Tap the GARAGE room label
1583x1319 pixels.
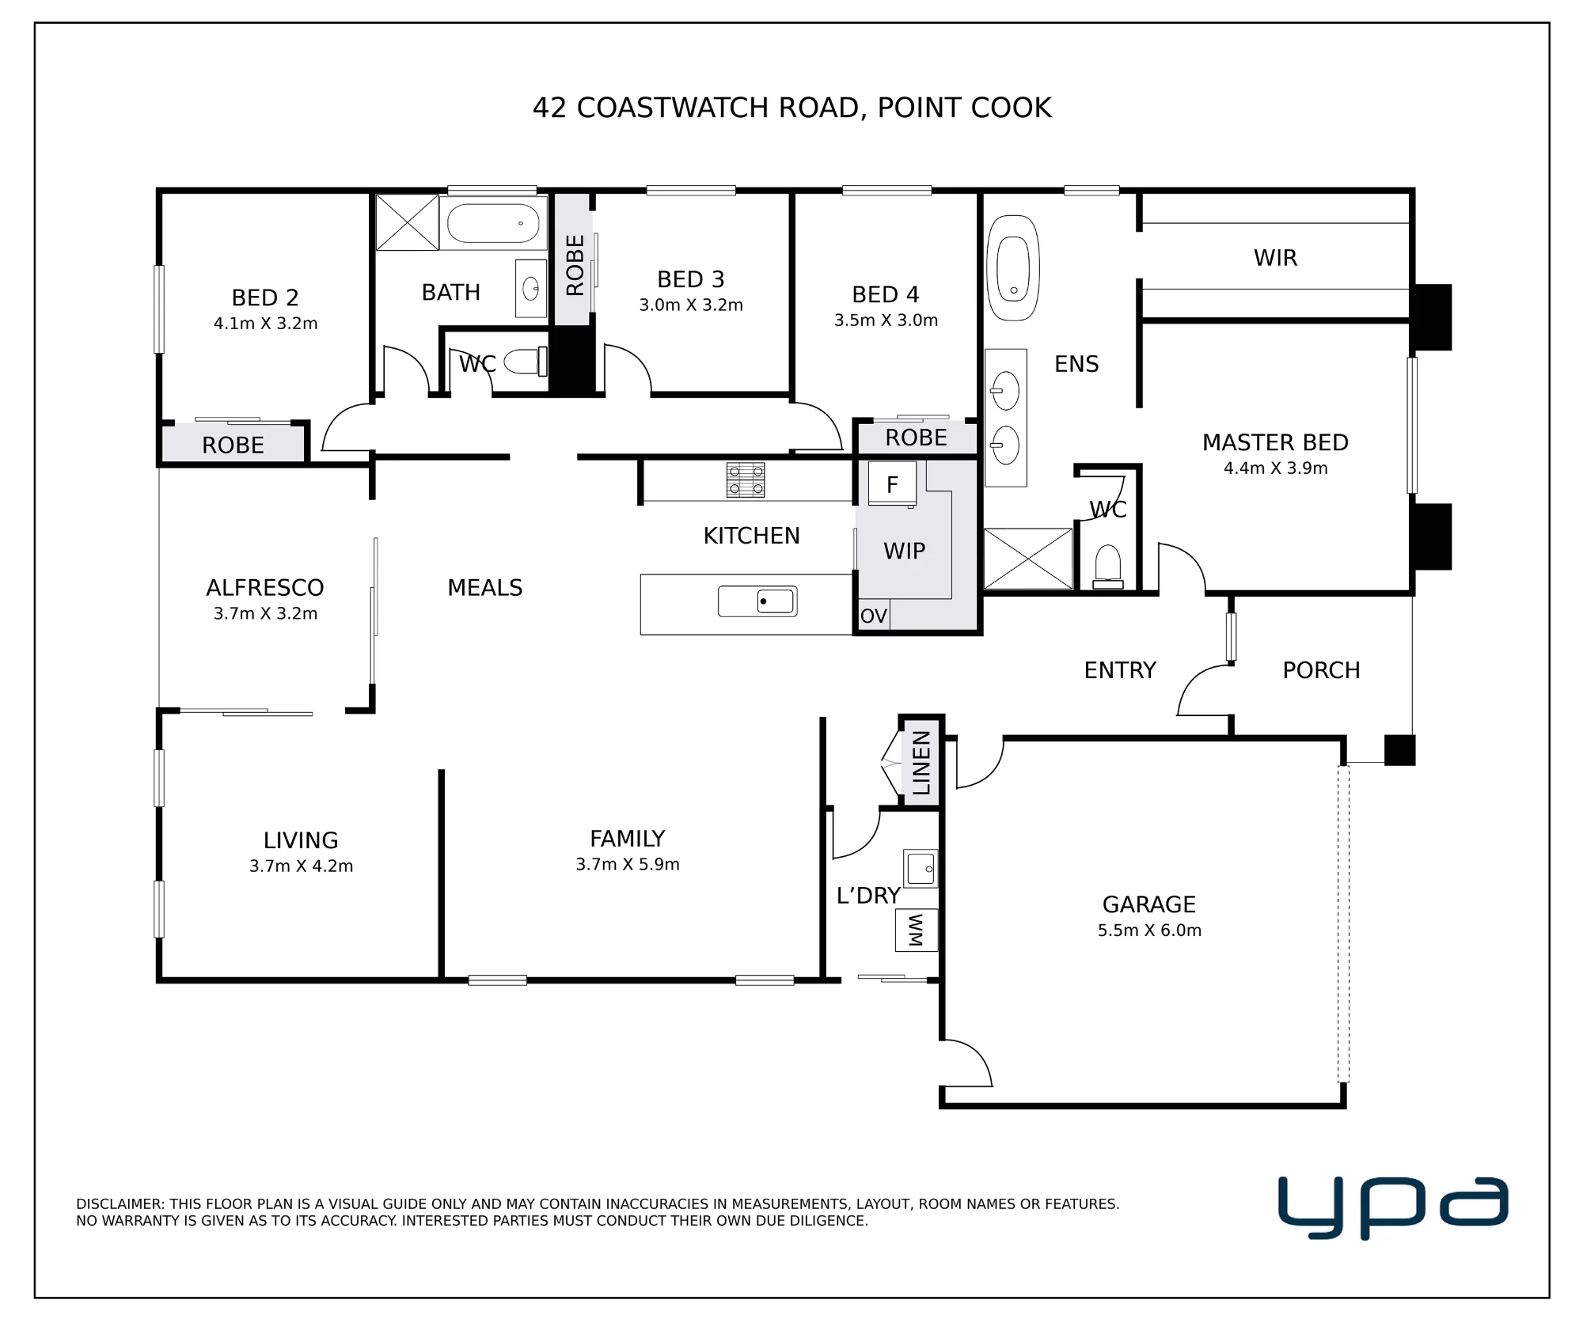tap(1149, 904)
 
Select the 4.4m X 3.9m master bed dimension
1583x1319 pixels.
tap(1275, 468)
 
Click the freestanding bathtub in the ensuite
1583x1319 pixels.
tap(1013, 267)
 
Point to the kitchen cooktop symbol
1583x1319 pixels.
tap(746, 479)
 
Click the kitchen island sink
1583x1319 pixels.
tap(757, 601)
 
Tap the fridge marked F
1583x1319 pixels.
tap(892, 483)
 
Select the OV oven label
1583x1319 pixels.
tap(874, 616)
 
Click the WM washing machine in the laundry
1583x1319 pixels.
tap(917, 931)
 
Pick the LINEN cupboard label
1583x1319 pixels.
tap(921, 763)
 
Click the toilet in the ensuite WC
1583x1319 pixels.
tap(1108, 567)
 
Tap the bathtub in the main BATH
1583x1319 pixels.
tap(493, 223)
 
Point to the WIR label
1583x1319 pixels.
tap(1275, 258)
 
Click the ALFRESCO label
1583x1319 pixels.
tap(265, 588)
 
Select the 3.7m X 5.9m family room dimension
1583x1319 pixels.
tap(628, 865)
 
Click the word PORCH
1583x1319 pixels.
tap(1321, 671)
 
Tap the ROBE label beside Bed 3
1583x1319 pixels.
tap(575, 265)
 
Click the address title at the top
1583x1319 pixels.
tap(792, 108)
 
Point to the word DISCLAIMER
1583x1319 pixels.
tap(120, 1204)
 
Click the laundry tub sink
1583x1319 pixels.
tap(921, 869)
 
